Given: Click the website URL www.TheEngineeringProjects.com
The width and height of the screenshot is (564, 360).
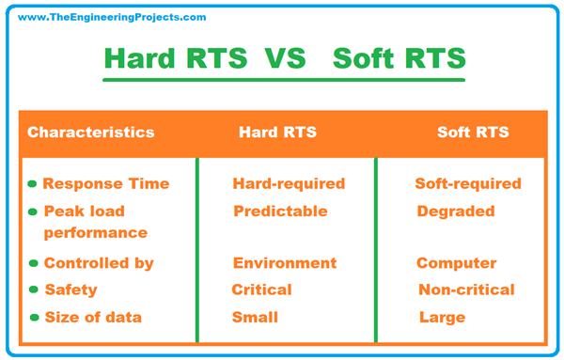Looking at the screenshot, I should (112, 17).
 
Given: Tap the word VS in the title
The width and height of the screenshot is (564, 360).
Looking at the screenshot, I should (287, 58).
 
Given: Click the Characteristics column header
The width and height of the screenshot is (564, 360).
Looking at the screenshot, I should (91, 133).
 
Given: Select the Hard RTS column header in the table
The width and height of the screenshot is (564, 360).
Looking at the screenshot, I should (278, 133).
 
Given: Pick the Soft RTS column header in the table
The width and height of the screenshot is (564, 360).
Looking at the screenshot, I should (473, 133).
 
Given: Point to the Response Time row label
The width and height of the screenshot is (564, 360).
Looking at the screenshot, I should (105, 184).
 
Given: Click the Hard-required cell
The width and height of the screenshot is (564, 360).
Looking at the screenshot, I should (289, 184).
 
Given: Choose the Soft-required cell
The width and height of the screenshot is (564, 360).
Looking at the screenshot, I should (468, 184).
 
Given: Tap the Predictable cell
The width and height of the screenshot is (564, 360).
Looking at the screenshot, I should (279, 211).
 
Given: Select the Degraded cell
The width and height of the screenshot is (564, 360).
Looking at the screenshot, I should (456, 211).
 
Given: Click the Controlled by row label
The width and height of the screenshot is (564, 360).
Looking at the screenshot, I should (98, 263).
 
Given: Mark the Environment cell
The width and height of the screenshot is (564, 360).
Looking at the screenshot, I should (283, 263).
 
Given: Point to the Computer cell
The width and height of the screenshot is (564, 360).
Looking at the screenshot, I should (457, 263).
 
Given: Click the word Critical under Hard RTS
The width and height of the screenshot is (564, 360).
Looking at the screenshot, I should (261, 290).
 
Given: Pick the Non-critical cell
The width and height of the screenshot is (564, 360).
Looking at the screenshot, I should (466, 290).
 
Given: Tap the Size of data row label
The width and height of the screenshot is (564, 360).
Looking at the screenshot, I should (93, 317).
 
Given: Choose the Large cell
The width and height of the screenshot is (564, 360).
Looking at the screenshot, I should (442, 317).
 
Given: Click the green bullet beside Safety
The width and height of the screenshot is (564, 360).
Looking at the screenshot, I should (34, 290).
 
